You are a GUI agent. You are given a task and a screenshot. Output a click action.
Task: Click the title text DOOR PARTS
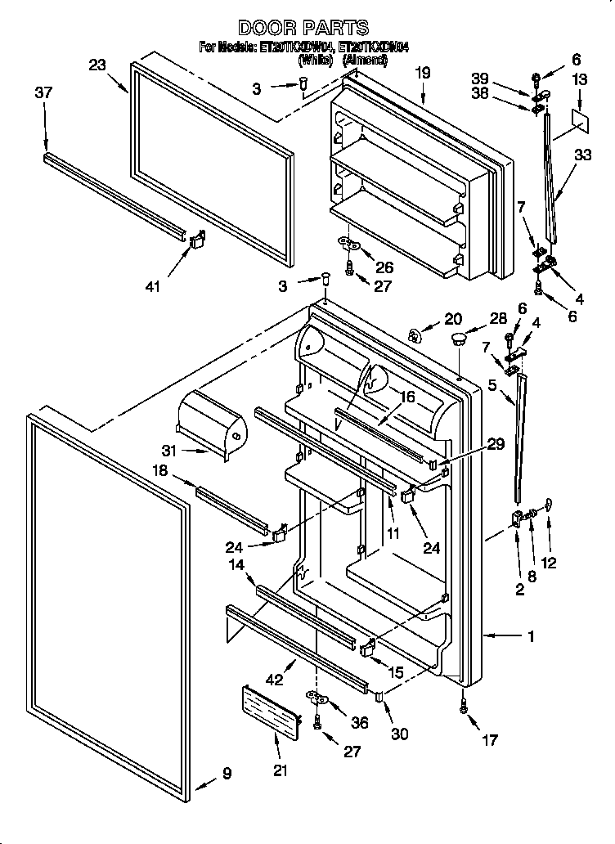pyautogui.click(x=303, y=29)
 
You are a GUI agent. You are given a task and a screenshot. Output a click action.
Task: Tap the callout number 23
pyautogui.click(x=98, y=66)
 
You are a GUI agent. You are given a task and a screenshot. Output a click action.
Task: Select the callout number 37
pyautogui.click(x=44, y=93)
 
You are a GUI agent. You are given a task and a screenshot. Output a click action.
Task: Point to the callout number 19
pyautogui.click(x=422, y=74)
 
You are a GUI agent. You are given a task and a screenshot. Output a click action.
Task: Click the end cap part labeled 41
pyautogui.click(x=197, y=240)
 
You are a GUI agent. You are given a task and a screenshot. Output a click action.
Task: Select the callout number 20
pyautogui.click(x=453, y=318)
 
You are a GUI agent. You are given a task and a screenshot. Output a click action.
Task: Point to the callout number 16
pyautogui.click(x=406, y=396)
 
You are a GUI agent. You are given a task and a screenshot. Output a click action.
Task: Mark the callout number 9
pyautogui.click(x=227, y=773)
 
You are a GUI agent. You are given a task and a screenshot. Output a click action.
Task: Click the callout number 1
pyautogui.click(x=531, y=635)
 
